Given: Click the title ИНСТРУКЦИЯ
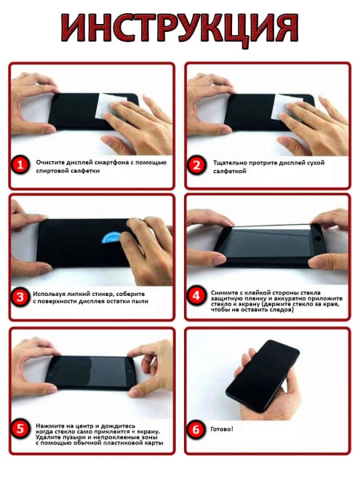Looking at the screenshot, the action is point(180,28).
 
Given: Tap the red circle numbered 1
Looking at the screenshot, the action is point(20,165).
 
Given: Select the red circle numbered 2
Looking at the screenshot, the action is point(196,165).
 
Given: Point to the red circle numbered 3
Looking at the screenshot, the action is point(20,297).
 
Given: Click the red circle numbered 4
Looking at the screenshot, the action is point(196,296).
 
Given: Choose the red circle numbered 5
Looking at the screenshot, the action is point(20,428).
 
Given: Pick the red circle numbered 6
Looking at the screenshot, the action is point(196,429).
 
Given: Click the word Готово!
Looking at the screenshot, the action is point(222,429).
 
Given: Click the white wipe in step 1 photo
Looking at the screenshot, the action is point(110,105).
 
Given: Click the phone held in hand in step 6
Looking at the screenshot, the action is point(263,376).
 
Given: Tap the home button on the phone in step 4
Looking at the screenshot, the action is point(319,238).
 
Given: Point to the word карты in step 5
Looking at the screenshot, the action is point(156,443).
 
